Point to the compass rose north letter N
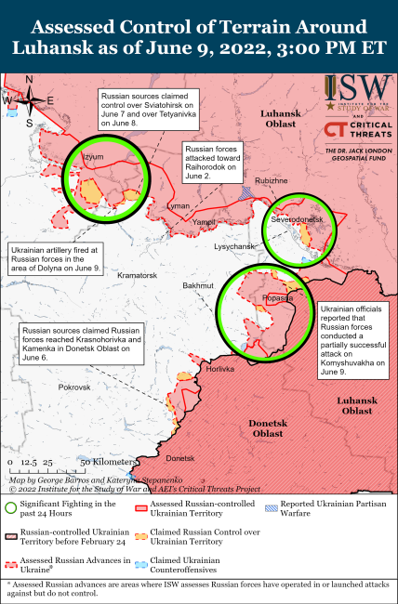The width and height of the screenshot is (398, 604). (30, 79)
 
